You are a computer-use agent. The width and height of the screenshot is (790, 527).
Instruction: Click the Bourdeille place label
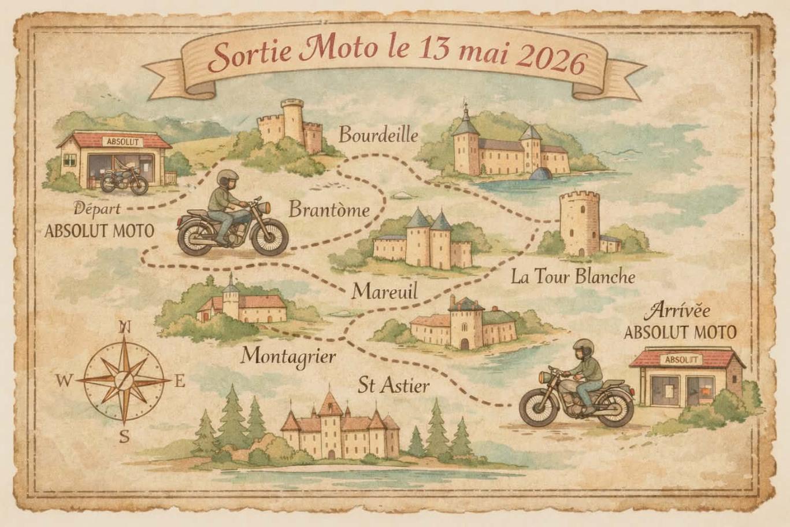(x=378, y=135)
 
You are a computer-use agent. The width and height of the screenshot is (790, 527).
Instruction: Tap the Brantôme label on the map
(x=328, y=209)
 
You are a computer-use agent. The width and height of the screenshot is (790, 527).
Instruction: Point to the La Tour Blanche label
(x=573, y=277)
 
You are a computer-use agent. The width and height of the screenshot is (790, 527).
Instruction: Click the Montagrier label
(x=288, y=355)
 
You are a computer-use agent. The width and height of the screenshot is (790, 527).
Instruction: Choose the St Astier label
(x=393, y=385)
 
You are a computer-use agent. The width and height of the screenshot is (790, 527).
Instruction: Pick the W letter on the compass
(x=64, y=381)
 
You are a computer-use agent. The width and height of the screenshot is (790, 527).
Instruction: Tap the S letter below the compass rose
(x=124, y=437)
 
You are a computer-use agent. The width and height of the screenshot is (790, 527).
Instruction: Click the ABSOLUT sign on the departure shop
(x=122, y=141)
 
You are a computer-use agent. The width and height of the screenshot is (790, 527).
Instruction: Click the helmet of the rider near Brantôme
(x=228, y=178)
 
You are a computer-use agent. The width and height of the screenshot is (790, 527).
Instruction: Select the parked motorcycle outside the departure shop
(x=124, y=180)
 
